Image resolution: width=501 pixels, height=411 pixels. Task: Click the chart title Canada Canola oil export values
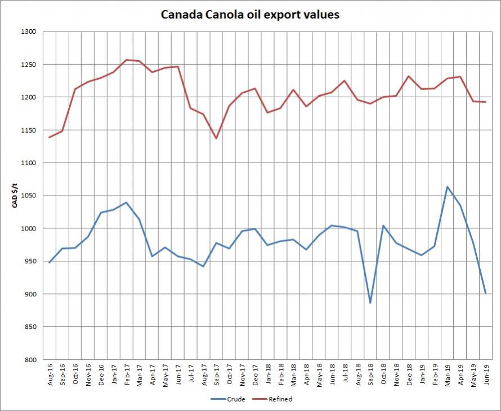(x=250, y=15)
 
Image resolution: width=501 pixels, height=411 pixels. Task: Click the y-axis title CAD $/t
(x=16, y=196)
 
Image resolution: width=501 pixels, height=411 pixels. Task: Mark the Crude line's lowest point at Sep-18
(x=370, y=303)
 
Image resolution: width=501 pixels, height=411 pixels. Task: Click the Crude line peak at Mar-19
(x=447, y=187)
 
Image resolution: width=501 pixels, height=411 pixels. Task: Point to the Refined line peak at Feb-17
(x=126, y=60)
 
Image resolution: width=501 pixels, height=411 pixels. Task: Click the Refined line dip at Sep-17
(x=216, y=138)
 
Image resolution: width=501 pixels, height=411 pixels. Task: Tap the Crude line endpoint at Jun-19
(x=485, y=293)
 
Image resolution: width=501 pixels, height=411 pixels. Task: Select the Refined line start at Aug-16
(x=49, y=137)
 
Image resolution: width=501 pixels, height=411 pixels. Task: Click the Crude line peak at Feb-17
(x=126, y=202)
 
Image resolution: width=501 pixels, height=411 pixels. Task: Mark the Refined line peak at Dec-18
(x=409, y=76)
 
